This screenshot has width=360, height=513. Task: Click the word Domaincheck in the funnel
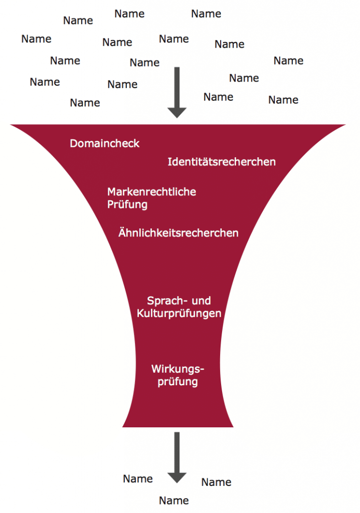104,143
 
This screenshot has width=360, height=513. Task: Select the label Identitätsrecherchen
222,162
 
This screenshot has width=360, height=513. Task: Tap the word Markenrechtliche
151,191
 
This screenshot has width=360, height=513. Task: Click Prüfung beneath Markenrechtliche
127,205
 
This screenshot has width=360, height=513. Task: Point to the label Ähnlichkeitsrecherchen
178,232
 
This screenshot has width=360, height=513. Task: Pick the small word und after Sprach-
201,301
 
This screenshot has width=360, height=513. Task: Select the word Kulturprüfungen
179,314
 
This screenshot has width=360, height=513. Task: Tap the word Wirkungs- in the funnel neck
177,369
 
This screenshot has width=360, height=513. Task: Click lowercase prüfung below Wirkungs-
177,382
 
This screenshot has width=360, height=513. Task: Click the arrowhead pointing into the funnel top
177,113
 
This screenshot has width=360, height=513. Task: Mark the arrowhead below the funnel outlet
177,477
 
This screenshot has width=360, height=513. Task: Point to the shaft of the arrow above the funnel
177,87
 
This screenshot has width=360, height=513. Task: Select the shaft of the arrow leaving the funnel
177,452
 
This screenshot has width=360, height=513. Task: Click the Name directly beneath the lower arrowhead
174,500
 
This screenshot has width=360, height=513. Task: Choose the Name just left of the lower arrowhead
138,478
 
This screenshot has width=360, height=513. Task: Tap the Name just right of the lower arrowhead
216,482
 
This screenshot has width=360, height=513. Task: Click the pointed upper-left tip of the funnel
11,125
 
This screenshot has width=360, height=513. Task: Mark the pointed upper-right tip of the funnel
345,125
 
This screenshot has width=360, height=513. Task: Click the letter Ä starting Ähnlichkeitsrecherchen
122,232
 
